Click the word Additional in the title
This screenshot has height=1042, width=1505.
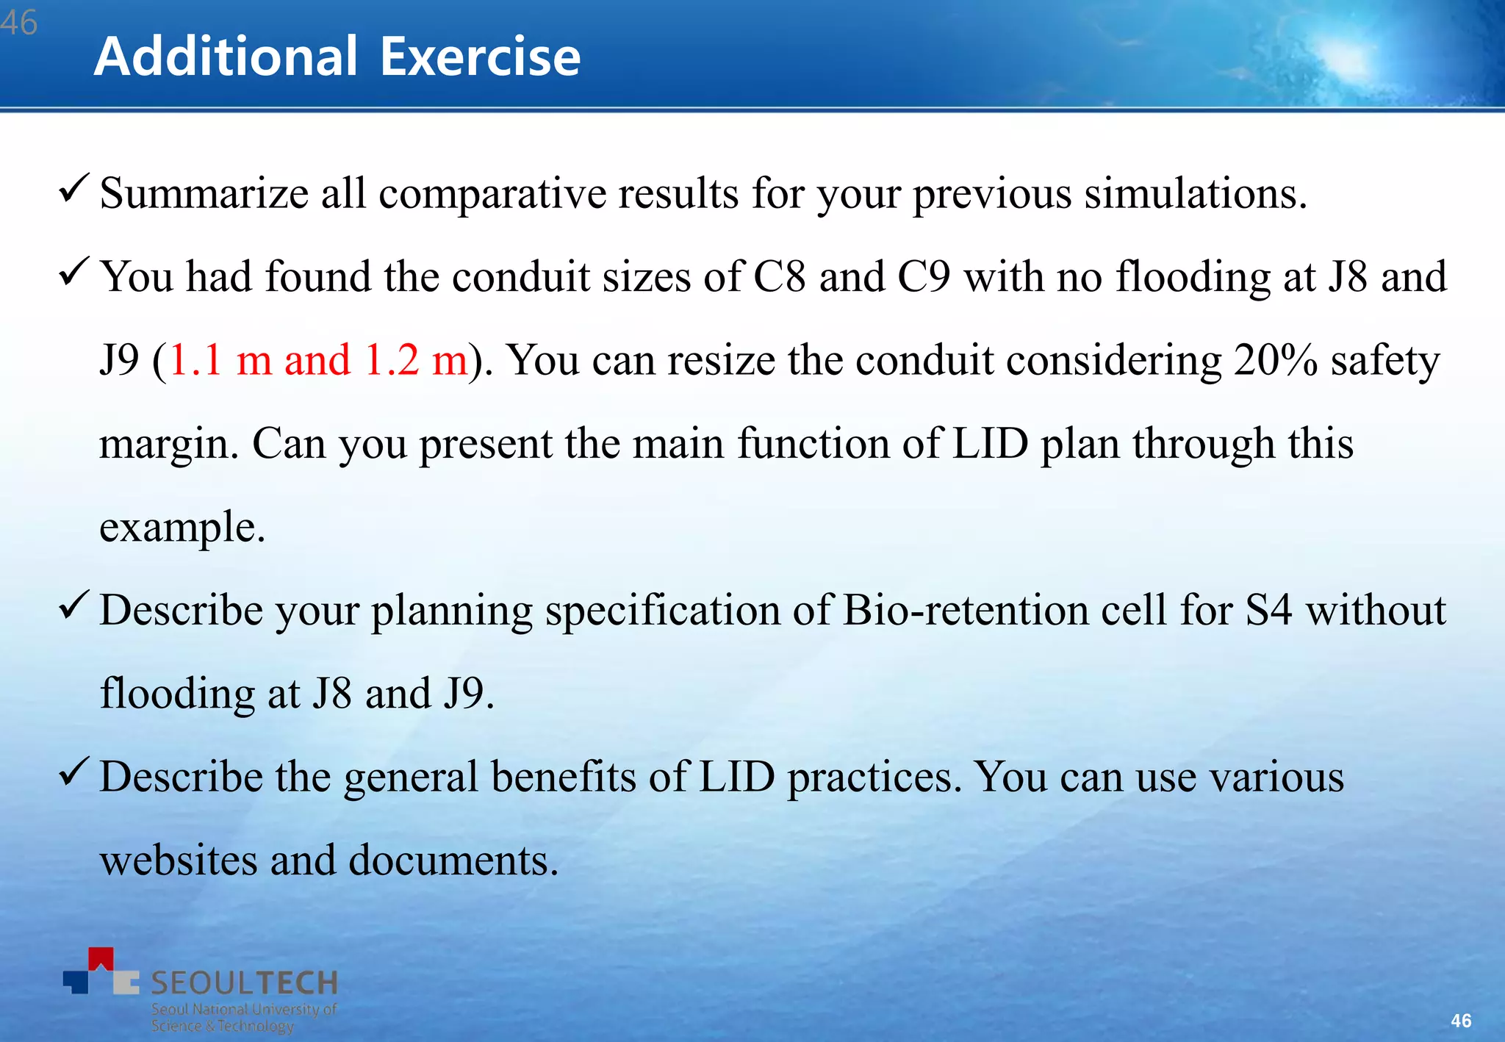coord(226,57)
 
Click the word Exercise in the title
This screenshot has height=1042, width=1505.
coord(480,57)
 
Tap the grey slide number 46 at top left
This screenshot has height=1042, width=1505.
coord(18,22)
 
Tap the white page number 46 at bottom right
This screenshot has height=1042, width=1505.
coord(1461,1020)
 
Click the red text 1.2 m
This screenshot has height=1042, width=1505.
coord(416,360)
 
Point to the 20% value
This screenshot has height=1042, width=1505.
coord(1275,360)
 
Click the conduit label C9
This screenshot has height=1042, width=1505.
coord(924,277)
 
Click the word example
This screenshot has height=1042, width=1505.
coord(182,528)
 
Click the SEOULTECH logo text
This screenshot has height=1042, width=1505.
coord(244,982)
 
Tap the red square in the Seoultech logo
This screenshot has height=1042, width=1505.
coord(101,957)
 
